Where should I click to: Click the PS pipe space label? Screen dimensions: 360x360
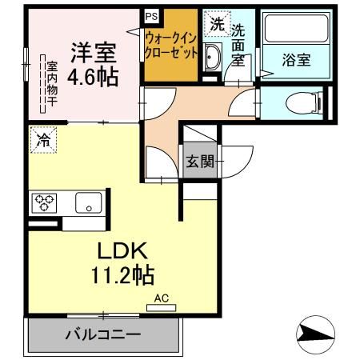pyautogui.click(x=151, y=17)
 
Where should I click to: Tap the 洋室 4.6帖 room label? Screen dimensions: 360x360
pyautogui.click(x=93, y=64)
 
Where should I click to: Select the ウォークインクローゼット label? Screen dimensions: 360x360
pyautogui.click(x=171, y=45)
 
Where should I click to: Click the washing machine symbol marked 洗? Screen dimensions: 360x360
pyautogui.click(x=217, y=23)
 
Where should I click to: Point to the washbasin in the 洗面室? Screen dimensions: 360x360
pyautogui.click(x=212, y=57)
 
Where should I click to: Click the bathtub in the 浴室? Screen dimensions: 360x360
pyautogui.click(x=296, y=28)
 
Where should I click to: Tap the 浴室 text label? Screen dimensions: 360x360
pyautogui.click(x=296, y=60)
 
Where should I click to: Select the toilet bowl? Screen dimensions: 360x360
pyautogui.click(x=304, y=103)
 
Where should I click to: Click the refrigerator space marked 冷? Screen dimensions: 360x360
pyautogui.click(x=43, y=140)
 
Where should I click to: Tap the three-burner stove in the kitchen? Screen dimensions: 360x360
pyautogui.click(x=44, y=203)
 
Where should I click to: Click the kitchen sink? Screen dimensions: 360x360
pyautogui.click(x=88, y=203)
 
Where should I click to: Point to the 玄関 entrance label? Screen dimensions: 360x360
pyautogui.click(x=200, y=161)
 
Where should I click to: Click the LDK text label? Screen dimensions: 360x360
pyautogui.click(x=122, y=250)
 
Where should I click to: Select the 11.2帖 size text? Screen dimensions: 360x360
pyautogui.click(x=122, y=274)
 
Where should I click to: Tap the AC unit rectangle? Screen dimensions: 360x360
pyautogui.click(x=162, y=308)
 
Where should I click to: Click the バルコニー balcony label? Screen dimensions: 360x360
pyautogui.click(x=103, y=334)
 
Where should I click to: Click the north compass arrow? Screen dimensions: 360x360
pyautogui.click(x=316, y=334)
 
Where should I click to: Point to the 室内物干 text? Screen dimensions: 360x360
pyautogui.click(x=52, y=84)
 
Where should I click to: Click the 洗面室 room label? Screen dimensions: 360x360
pyautogui.click(x=238, y=46)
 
